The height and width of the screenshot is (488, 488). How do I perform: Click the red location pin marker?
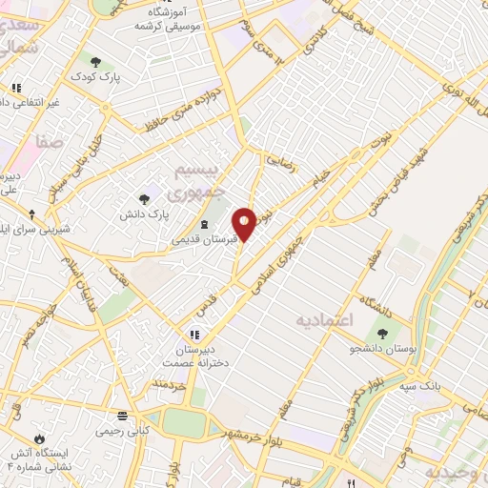click(245, 222)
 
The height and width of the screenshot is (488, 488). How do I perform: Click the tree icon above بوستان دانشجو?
click(382, 335)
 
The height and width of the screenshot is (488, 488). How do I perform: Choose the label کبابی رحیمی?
click(121, 431)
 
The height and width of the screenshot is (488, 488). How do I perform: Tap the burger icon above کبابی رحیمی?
click(122, 416)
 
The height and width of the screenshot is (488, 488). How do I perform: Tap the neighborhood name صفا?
click(50, 141)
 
